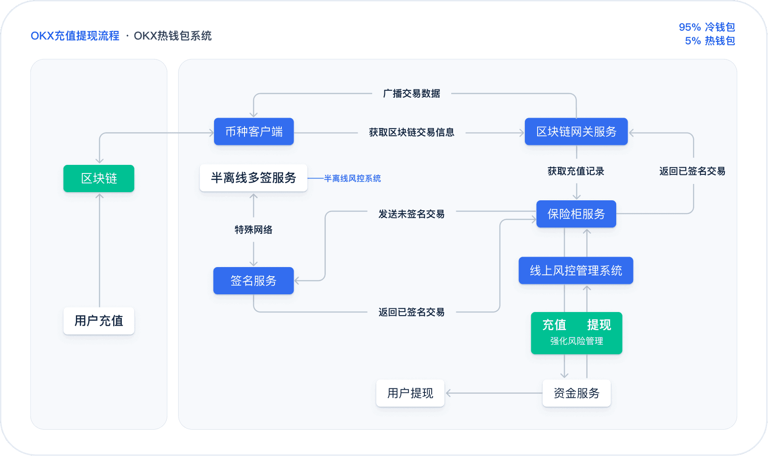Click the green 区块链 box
coord(99,178)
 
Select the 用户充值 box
coord(99,321)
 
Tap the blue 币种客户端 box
coord(254,132)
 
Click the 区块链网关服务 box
coord(576,132)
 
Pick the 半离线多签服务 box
coord(253,178)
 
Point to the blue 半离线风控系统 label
coord(352,178)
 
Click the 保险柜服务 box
coord(576,214)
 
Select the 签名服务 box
coord(253,281)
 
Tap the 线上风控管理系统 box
coord(576,271)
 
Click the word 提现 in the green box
coord(598,325)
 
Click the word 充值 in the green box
coord(554,325)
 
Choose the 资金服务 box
coord(576,393)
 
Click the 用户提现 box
coord(410,393)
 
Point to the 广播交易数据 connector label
coord(411,94)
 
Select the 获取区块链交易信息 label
coord(411,132)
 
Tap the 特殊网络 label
coord(253,230)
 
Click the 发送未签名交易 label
coord(411,214)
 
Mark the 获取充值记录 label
coord(576,171)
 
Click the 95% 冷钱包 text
coord(707,27)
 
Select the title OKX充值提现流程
coord(75,36)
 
